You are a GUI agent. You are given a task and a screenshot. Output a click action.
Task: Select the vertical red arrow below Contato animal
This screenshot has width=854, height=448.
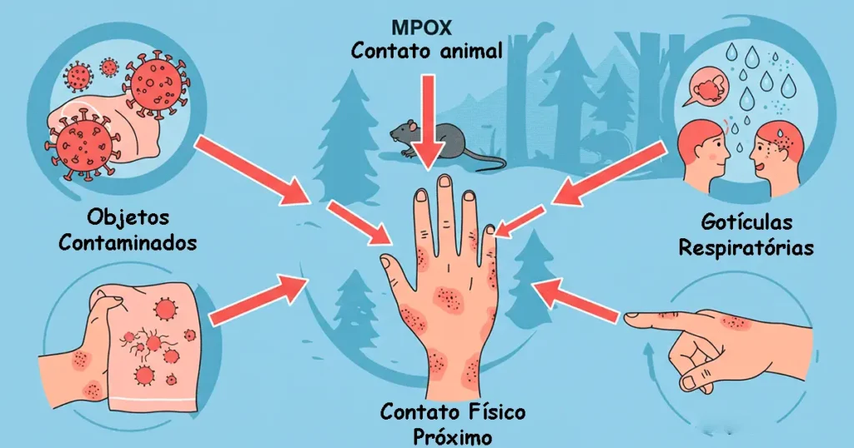tap(429, 121)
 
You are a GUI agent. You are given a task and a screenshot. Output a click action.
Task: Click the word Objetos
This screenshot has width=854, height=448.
tap(128, 218)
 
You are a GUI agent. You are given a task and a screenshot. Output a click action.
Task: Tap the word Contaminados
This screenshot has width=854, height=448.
tap(128, 242)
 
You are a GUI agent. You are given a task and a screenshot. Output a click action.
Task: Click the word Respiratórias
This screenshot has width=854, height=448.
tap(746, 247)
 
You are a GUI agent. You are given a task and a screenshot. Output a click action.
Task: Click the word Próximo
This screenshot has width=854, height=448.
tap(452, 436)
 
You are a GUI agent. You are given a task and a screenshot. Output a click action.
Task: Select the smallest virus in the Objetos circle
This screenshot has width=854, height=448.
tap(109, 67)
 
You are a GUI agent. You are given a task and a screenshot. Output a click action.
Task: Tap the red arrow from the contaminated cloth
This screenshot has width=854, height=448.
tap(259, 299)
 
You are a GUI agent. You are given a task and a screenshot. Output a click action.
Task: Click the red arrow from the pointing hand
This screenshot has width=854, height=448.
tap(577, 300)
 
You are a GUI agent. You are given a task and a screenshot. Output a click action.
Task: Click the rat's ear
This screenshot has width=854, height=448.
tap(411, 126)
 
